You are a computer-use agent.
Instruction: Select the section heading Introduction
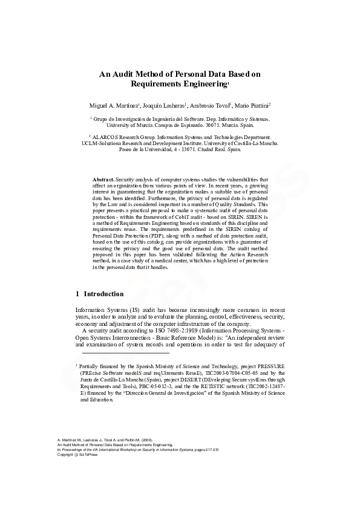pyautogui.click(x=103, y=294)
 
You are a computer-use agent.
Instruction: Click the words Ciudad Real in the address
pyautogui.click(x=210, y=150)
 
